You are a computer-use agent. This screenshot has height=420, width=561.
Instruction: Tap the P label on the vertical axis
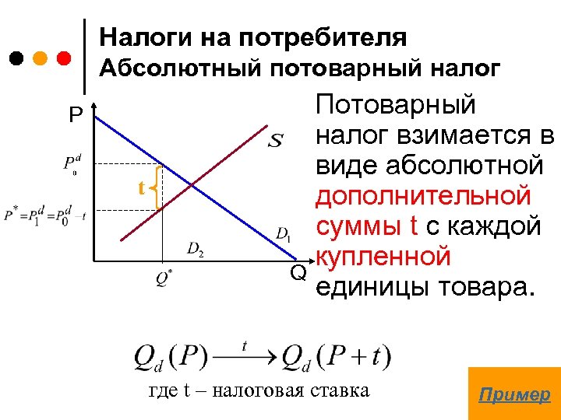coord(75,117)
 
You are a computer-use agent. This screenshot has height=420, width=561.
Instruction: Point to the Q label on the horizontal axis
coord(298,272)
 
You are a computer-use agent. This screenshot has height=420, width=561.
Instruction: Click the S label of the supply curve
coord(276,141)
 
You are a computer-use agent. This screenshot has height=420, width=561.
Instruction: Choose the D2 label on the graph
coord(196,249)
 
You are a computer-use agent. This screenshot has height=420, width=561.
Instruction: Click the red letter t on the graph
coord(142,188)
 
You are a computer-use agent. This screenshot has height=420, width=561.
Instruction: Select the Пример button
coord(514,394)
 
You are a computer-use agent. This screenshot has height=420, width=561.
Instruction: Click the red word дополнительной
coord(422,196)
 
